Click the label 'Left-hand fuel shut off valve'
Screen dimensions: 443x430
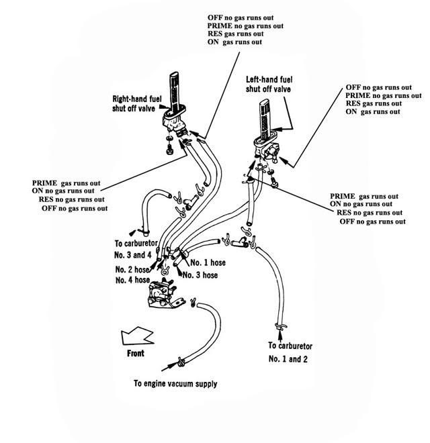tap(268, 83)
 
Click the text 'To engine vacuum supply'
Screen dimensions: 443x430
tap(175, 385)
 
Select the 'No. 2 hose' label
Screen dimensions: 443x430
tap(130, 270)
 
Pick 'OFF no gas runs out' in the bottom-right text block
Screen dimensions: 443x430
tap(373, 221)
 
